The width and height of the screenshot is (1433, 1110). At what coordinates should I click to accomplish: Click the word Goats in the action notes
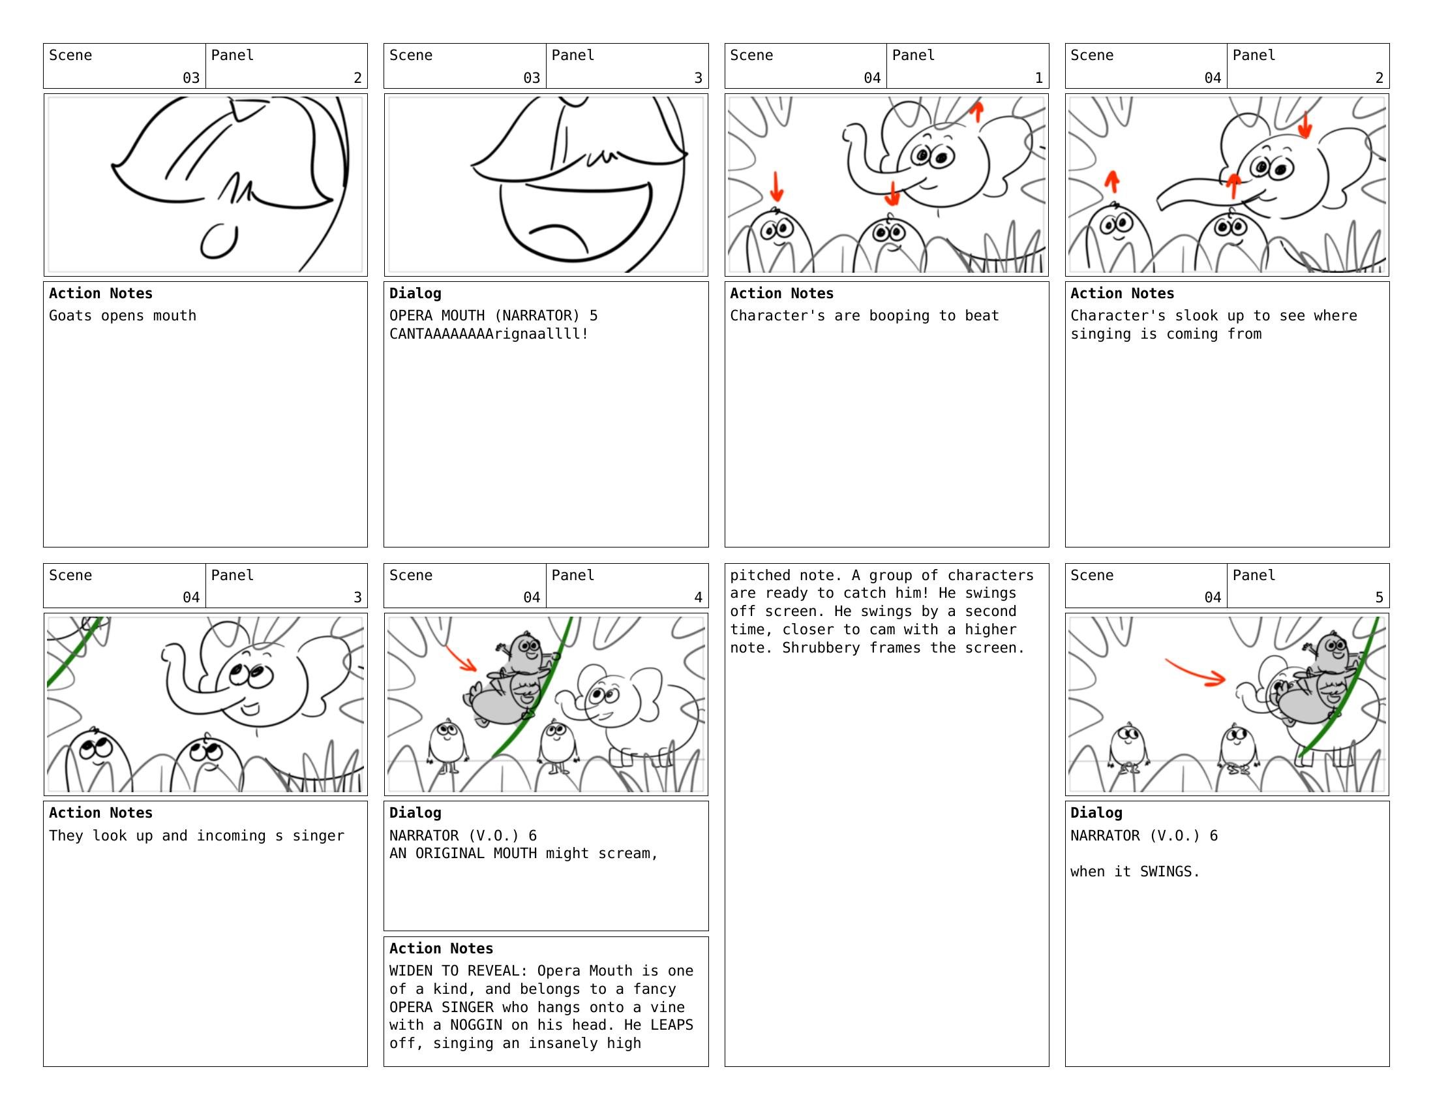70,316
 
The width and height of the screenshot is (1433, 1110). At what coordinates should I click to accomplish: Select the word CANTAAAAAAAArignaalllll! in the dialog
489,334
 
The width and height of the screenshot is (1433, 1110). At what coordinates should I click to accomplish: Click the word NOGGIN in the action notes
475,1025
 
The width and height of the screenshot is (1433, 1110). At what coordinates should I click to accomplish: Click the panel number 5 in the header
1379,597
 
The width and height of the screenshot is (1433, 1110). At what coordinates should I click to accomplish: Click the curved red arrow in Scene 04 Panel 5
1196,673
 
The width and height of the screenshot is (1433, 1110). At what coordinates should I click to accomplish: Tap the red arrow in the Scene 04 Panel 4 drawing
461,659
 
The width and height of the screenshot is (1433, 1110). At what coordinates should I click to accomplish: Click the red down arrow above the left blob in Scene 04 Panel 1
776,187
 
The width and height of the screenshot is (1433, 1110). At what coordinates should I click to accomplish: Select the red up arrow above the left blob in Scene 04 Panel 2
1111,181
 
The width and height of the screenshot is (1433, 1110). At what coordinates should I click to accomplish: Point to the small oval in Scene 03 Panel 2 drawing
219,241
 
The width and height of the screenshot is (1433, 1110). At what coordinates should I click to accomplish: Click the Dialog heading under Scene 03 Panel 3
415,294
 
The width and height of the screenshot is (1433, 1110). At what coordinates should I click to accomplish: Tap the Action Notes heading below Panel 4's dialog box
441,949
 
